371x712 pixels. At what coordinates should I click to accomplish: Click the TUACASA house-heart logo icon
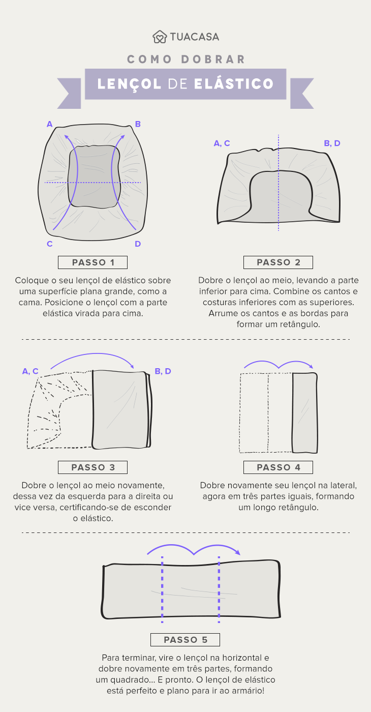160,37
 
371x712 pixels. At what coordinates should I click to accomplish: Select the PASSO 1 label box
92,262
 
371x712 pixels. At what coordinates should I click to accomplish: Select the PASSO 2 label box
278,262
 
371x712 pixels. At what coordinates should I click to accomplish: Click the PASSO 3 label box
92,467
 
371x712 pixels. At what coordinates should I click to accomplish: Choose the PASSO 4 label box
278,467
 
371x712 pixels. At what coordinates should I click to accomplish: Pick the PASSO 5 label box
185,640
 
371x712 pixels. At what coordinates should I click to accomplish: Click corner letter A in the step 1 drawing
49,124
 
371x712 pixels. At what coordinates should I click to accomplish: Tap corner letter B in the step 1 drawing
138,124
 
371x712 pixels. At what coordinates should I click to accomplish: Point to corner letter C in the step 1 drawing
49,244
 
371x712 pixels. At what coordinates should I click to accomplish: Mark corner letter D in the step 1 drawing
138,244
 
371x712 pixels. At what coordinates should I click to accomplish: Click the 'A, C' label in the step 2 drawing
222,143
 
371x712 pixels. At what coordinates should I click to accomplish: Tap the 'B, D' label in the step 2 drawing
332,143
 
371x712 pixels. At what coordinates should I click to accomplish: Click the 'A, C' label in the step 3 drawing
30,371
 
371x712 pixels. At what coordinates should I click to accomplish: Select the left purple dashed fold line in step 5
162,590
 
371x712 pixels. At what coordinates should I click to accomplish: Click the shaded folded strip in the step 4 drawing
305,413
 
